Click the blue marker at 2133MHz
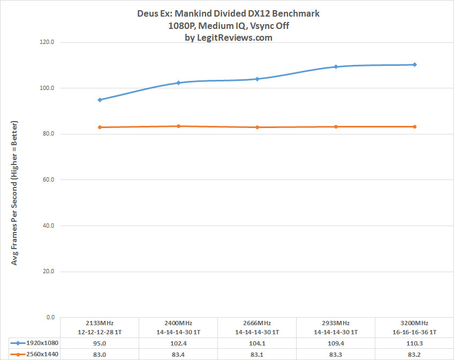[100, 100]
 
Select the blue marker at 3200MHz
[415, 65]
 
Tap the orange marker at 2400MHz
[178, 126]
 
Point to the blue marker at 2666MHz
[258, 79]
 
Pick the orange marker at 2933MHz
[336, 126]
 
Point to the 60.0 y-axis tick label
[49, 179]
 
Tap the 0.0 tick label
[51, 317]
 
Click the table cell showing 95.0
[100, 343]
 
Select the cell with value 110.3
[415, 343]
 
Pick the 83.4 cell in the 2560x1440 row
[178, 354]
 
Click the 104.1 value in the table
[258, 343]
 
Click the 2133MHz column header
[100, 327]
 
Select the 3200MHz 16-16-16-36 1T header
[415, 327]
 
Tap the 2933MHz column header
[336, 327]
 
